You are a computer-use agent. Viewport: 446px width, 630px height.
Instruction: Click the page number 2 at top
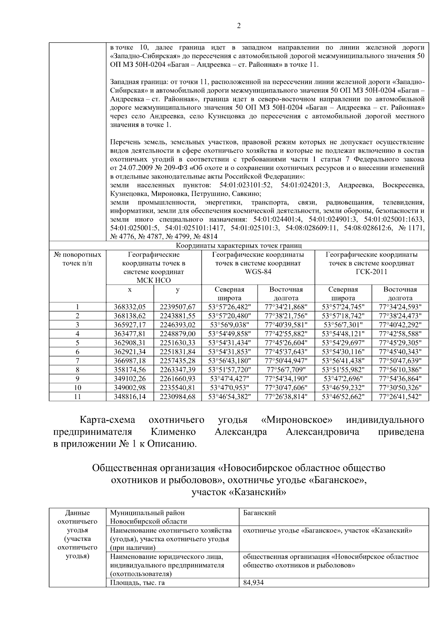coord(239,26)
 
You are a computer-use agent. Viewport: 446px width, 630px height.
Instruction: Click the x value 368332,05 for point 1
coord(130,307)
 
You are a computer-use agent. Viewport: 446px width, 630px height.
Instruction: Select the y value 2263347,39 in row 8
coord(178,370)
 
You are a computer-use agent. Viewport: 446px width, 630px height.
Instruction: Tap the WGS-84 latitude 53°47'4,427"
coord(229,379)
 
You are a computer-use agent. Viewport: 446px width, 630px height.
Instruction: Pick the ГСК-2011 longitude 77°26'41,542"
coord(400,397)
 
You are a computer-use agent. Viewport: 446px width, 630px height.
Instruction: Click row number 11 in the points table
coord(77,397)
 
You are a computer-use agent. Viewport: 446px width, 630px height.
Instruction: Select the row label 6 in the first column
coord(77,352)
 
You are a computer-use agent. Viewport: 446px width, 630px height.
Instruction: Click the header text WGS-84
coord(258,272)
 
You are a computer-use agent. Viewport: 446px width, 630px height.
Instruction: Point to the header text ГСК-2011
coord(371,272)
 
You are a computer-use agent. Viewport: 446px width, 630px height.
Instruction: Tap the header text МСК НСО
coord(153,280)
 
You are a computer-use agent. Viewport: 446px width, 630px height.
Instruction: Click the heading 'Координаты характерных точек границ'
coord(239,245)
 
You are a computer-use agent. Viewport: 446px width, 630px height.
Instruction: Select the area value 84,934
coord(253,582)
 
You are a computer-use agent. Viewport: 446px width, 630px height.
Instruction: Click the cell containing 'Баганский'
coord(259,513)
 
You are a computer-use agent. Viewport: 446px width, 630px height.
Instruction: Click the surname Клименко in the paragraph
coord(173,432)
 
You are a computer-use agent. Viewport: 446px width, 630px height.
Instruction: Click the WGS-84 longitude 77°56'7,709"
coord(286,370)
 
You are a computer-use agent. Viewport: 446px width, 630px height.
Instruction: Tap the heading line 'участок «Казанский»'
coord(239,493)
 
